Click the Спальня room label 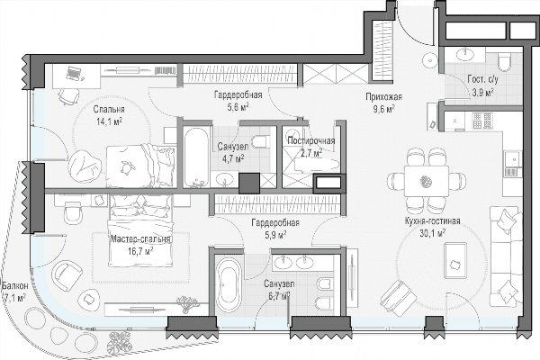click(x=109, y=110)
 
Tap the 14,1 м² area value click(x=110, y=121)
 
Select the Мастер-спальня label click(x=139, y=239)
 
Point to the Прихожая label click(x=383, y=97)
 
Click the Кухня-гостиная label click(x=433, y=221)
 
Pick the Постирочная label click(x=311, y=141)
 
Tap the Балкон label click(x=14, y=285)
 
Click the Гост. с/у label click(x=482, y=80)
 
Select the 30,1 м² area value click(x=433, y=233)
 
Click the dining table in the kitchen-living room click(x=427, y=181)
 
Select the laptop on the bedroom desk click(x=74, y=73)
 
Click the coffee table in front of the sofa click(x=454, y=260)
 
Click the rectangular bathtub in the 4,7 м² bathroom click(x=196, y=157)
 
